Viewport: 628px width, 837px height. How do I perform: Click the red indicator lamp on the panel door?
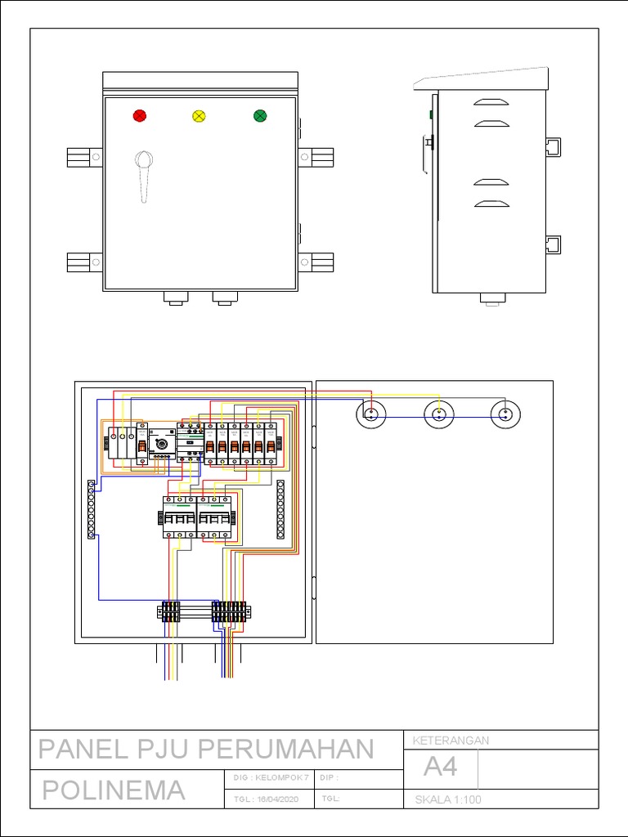pos(140,116)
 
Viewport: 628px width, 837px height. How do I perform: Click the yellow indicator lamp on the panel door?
pos(199,116)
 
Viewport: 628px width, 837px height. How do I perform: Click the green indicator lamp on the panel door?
pos(260,116)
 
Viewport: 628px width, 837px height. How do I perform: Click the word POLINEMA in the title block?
pos(113,790)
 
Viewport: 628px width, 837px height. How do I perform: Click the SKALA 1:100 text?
pos(448,799)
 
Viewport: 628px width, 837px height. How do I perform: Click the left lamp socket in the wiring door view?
pos(371,414)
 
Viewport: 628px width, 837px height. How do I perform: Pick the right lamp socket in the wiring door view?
pos(505,414)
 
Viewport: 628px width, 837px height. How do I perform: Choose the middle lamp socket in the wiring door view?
pos(439,414)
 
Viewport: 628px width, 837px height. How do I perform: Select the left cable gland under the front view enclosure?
pos(174,298)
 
